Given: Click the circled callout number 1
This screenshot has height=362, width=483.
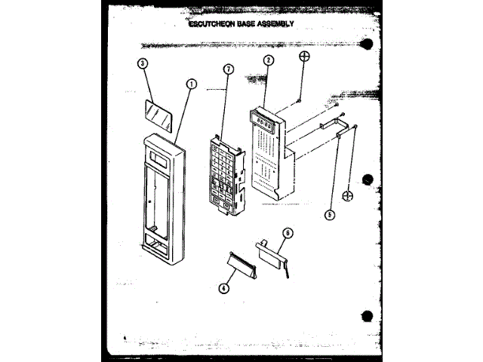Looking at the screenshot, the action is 192,85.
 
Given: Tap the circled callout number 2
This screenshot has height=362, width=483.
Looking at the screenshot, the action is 269,60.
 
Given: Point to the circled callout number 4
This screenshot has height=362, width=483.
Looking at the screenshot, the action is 224,287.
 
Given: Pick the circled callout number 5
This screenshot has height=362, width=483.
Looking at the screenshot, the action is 329,213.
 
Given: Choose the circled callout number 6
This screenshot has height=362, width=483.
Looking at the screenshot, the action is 288,234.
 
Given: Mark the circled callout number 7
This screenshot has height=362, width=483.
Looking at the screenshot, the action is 229,69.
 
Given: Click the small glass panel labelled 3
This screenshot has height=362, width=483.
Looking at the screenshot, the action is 157,115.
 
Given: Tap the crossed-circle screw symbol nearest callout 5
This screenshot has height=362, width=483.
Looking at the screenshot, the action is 348,196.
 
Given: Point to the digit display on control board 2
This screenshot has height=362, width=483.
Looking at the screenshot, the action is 263,118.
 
